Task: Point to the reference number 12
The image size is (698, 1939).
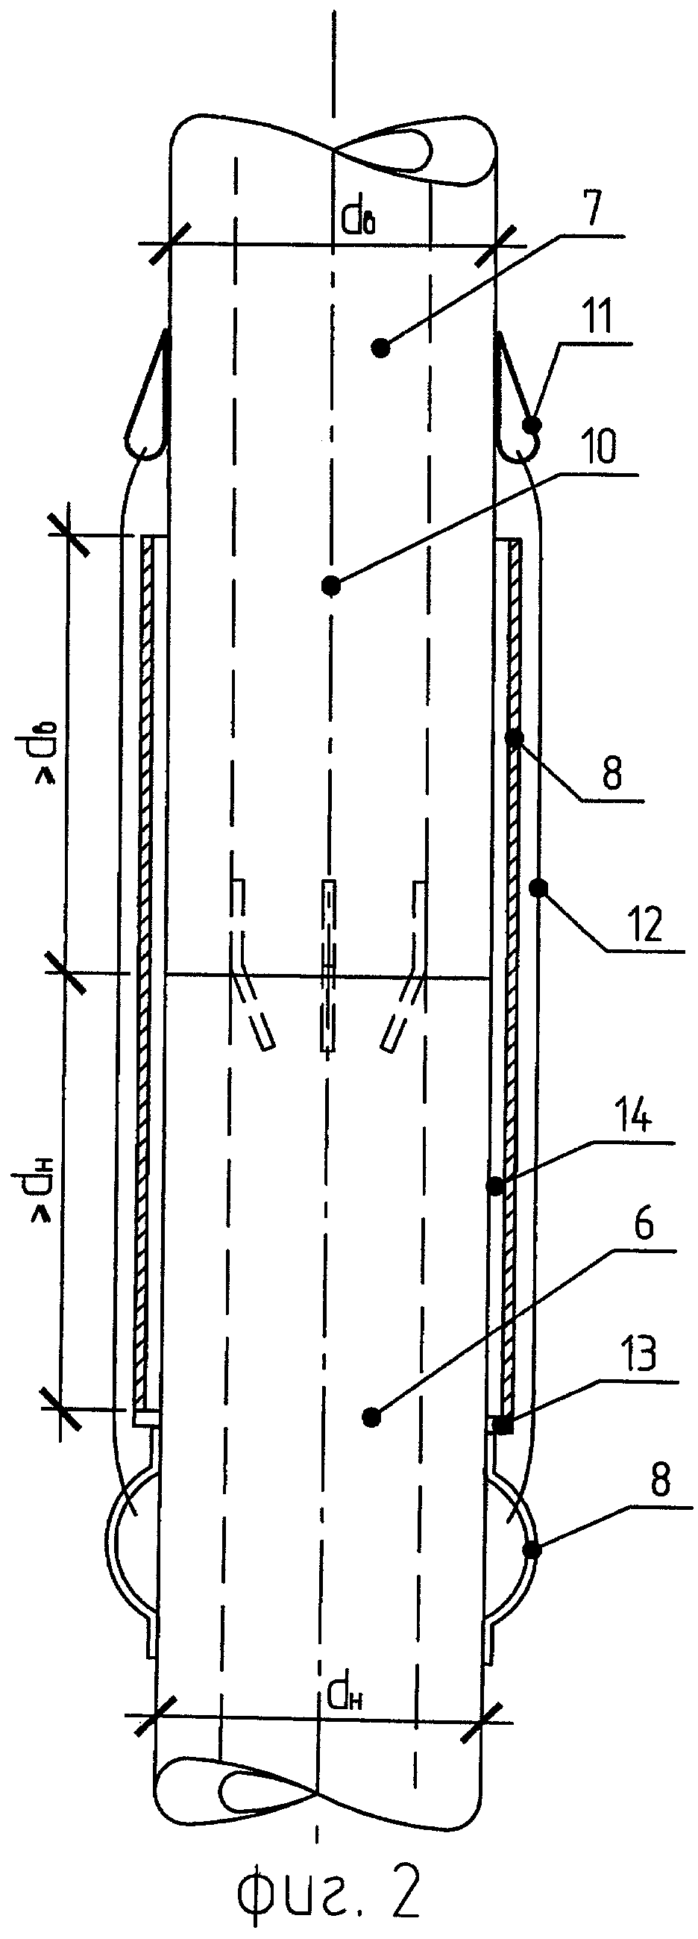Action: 645,924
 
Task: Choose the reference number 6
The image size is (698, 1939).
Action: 643,1225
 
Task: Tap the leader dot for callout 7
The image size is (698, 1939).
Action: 381,348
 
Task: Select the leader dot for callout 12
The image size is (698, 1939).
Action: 537,889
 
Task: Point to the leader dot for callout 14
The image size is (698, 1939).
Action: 495,1187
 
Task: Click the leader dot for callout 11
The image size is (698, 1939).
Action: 532,426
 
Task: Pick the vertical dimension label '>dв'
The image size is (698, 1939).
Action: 45,758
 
